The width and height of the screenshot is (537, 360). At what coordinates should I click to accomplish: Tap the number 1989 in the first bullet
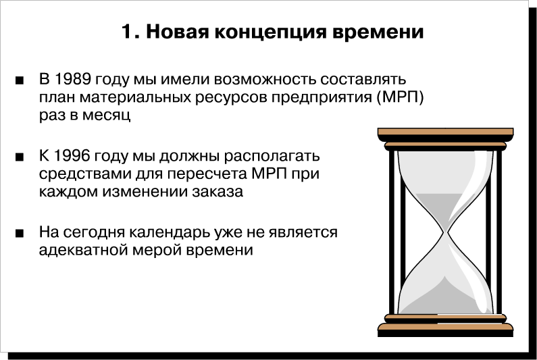(72, 79)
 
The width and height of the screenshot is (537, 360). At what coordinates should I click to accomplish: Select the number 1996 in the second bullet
(72, 156)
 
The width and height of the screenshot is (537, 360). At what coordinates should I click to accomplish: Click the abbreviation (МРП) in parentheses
(400, 98)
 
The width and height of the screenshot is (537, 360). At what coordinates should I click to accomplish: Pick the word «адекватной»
(83, 250)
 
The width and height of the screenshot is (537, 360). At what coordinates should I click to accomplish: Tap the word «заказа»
(218, 192)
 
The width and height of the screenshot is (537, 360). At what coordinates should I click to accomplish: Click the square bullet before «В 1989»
(20, 81)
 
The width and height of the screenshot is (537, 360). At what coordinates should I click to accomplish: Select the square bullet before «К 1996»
(20, 157)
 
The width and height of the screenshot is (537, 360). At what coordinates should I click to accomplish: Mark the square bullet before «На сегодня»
(20, 234)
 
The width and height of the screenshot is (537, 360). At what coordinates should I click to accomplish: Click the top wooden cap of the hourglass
(445, 132)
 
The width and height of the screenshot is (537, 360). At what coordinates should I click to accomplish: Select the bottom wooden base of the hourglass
(445, 327)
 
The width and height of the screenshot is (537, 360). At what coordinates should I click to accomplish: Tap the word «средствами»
(85, 174)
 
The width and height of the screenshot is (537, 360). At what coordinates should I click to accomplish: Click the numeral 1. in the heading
(130, 32)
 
